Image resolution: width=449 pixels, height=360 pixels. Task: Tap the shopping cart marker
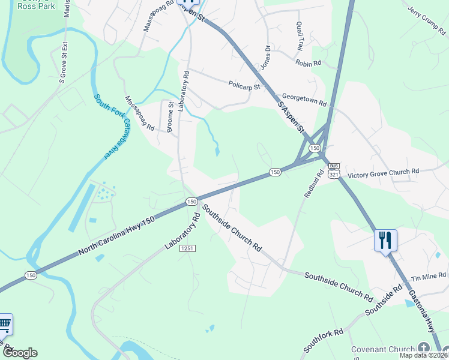click(x=5, y=325)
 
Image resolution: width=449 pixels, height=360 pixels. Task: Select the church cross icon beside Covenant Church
click(x=424, y=349)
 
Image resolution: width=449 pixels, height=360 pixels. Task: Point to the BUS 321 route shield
click(x=334, y=170)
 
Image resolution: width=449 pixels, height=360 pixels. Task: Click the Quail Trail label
click(x=300, y=36)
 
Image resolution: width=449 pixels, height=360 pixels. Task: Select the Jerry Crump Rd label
click(x=429, y=20)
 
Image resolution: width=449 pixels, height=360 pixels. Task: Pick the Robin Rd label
click(x=309, y=62)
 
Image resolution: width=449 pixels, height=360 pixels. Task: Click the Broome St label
click(x=170, y=116)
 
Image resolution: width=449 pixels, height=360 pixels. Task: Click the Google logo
click(x=19, y=353)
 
